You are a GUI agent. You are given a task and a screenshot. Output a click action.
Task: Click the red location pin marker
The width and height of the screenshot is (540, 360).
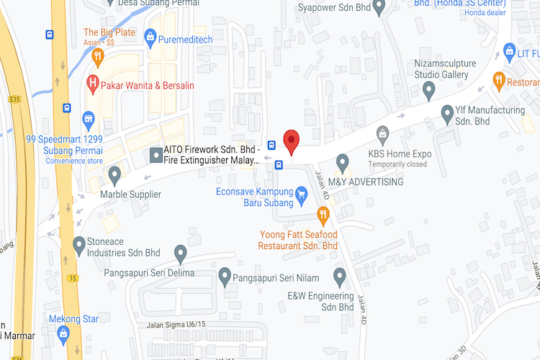click(x=291, y=140)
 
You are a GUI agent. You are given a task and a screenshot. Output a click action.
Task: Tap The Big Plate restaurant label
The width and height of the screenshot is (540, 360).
click(x=109, y=32)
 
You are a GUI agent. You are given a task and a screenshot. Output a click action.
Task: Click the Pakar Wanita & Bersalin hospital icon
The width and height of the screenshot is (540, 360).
click(x=93, y=84)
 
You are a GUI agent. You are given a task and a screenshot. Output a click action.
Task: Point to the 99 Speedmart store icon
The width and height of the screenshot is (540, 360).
click(x=89, y=117)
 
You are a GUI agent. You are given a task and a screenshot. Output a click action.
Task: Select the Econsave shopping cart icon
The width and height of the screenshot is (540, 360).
click(x=302, y=193)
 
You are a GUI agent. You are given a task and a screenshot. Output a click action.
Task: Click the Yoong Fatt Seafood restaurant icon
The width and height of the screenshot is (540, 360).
click(x=323, y=214)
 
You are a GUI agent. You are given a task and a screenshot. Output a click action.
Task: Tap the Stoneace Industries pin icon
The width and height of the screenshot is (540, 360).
click(x=79, y=246)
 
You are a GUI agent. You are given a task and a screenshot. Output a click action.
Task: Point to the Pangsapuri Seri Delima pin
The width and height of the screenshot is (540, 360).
click(x=181, y=253)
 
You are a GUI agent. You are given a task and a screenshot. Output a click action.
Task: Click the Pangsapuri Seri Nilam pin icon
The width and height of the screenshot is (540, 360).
click(x=225, y=275)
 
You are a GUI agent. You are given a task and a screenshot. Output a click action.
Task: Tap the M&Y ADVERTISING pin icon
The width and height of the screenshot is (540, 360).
click(x=343, y=161)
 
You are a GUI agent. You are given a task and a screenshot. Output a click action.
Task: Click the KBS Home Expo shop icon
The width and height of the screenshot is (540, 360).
click(x=382, y=132)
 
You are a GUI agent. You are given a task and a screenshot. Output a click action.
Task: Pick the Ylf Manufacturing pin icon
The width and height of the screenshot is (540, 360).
click(x=447, y=113)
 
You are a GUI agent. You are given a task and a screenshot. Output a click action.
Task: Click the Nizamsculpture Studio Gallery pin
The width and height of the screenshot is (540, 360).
click(x=430, y=91)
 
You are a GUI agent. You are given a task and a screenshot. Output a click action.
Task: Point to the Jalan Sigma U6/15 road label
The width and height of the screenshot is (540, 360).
click(x=176, y=325)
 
